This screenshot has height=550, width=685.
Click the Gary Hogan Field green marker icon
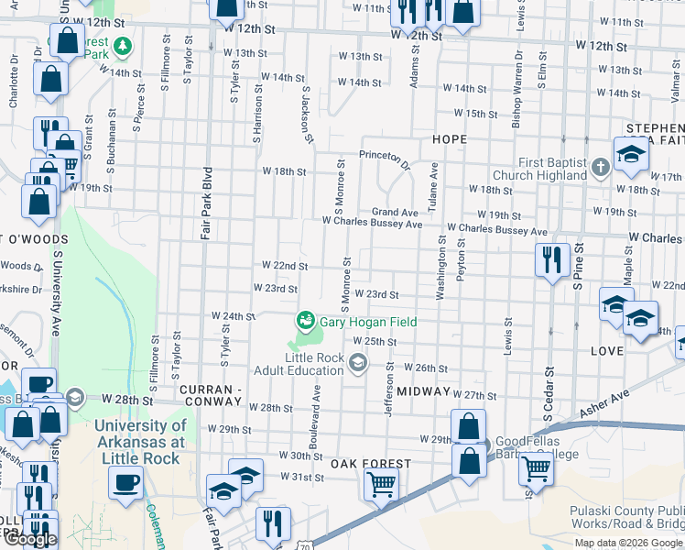tap(305, 321)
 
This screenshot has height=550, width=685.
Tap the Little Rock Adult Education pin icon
tap(357, 366)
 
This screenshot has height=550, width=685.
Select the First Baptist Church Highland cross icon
tap(600, 167)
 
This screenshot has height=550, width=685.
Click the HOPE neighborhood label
tap(450, 139)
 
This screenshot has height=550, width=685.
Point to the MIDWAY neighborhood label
tap(424, 391)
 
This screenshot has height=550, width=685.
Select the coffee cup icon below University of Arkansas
tap(125, 481)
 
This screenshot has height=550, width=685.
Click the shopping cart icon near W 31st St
tap(381, 483)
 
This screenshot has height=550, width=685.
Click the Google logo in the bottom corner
tap(30, 539)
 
